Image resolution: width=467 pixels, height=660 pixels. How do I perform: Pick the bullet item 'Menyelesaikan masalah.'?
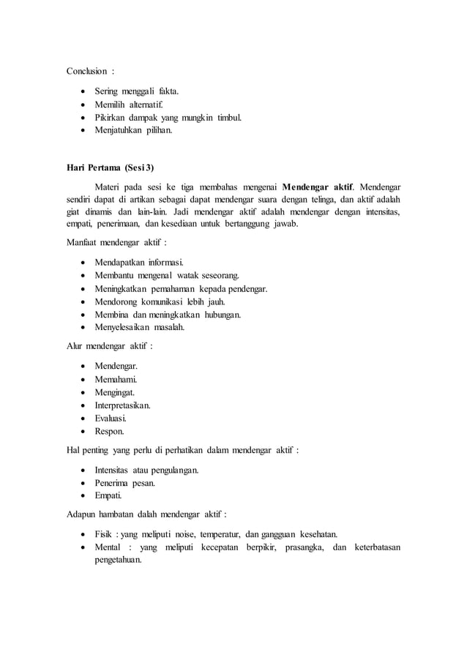click(140, 327)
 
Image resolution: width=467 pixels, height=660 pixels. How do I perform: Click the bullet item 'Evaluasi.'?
click(114, 418)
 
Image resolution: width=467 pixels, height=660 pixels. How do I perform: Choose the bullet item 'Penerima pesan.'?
click(126, 483)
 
